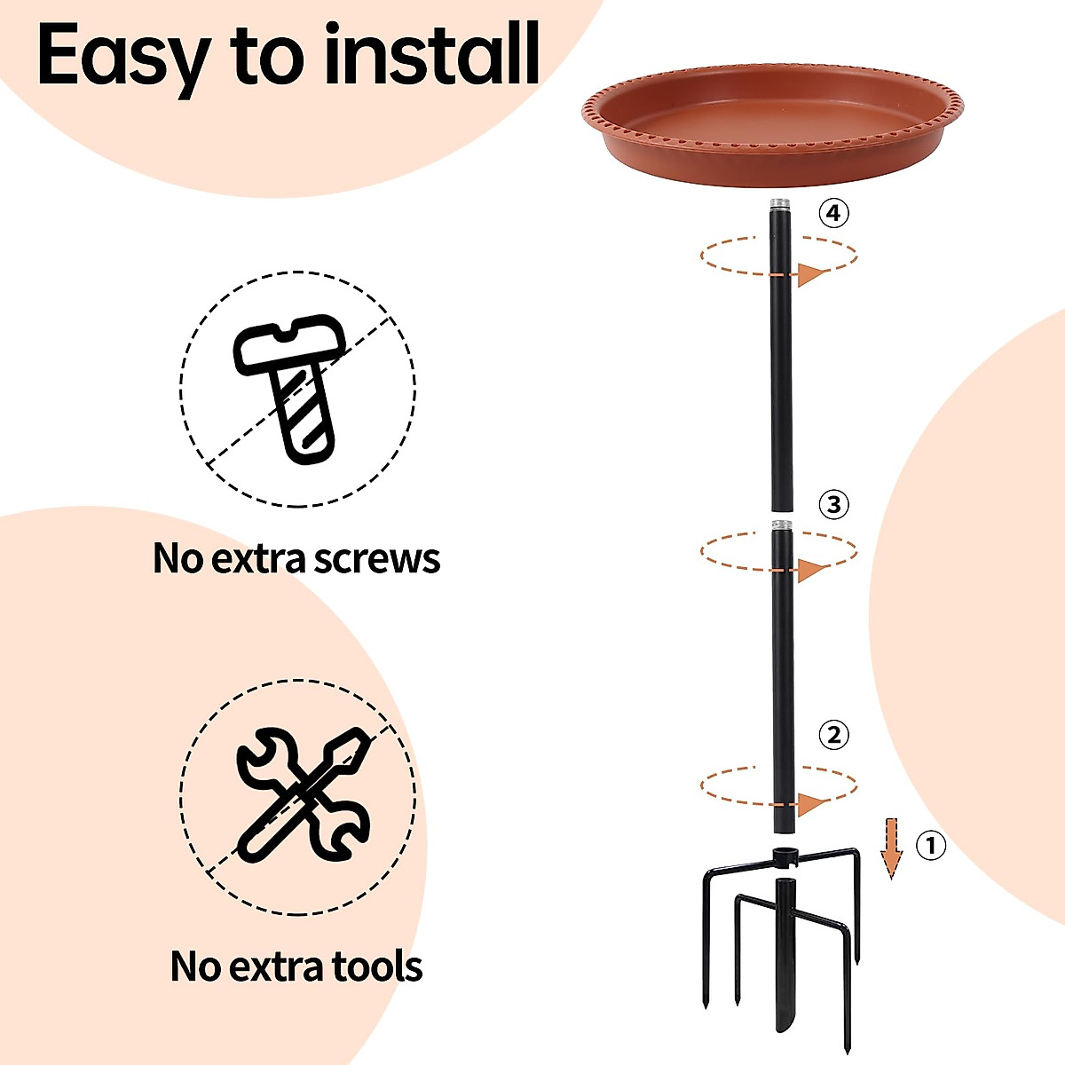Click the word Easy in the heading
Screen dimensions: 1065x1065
[x=122, y=55]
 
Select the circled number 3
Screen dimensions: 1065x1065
[x=832, y=505]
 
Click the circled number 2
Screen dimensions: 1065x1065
[x=832, y=735]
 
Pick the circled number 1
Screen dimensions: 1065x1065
[x=930, y=846]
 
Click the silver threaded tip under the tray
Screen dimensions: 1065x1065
[x=780, y=204]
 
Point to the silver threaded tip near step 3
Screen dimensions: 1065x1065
[x=780, y=525]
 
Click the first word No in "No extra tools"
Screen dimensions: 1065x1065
[x=193, y=966]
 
